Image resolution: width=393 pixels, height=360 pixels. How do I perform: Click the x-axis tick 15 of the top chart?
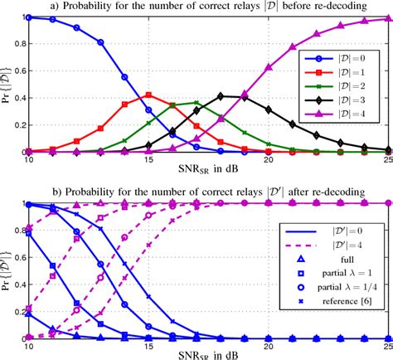pyautogui.click(x=148, y=160)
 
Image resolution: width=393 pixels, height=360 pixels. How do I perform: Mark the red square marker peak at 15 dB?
pyautogui.click(x=148, y=95)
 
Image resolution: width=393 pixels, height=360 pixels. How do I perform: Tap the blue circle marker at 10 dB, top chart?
pyautogui.click(x=28, y=17)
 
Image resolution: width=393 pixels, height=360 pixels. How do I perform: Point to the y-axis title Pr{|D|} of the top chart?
pyautogui.click(x=7, y=83)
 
